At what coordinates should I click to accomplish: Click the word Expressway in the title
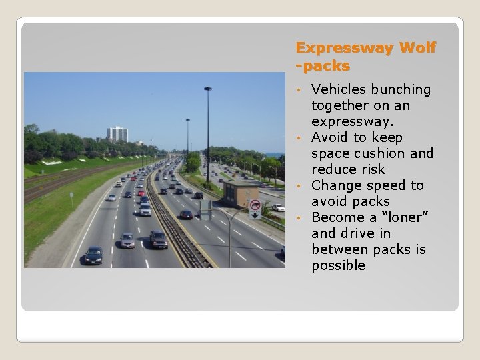[345, 48]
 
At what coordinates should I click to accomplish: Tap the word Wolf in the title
[418, 48]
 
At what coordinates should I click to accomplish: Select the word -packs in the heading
[323, 67]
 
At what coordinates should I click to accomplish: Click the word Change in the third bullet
[337, 185]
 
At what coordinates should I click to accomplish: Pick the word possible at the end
[338, 265]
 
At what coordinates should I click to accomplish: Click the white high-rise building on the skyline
[117, 133]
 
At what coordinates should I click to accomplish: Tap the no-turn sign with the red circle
[255, 205]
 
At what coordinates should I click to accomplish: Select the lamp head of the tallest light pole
[208, 89]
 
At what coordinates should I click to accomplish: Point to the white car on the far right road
[278, 207]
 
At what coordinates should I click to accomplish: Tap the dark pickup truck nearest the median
[158, 239]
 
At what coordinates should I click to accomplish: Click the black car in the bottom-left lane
[93, 255]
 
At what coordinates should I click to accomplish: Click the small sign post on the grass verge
[72, 198]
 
